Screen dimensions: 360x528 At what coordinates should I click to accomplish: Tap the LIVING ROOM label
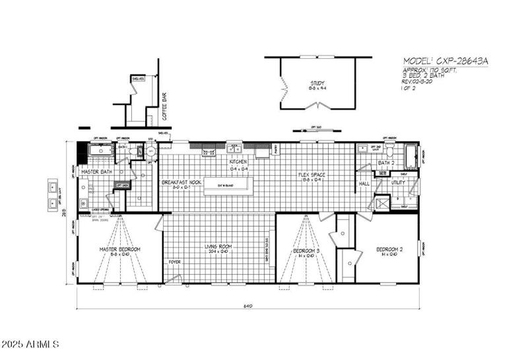[219, 246]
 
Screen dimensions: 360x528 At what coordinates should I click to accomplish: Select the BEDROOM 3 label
[306, 251]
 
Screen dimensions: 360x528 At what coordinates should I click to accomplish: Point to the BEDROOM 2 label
[389, 249]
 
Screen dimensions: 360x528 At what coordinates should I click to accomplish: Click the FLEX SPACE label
[313, 175]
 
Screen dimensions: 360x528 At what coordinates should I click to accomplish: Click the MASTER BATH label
[96, 172]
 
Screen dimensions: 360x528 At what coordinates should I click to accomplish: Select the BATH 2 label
[386, 162]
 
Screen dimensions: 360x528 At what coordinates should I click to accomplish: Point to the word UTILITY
[398, 183]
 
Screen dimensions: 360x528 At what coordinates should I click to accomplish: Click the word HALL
[364, 184]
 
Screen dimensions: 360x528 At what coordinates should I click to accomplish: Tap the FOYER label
[174, 262]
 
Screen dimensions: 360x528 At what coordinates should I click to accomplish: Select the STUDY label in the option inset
[318, 83]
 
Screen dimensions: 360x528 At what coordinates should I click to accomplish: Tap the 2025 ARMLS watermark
[31, 345]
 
